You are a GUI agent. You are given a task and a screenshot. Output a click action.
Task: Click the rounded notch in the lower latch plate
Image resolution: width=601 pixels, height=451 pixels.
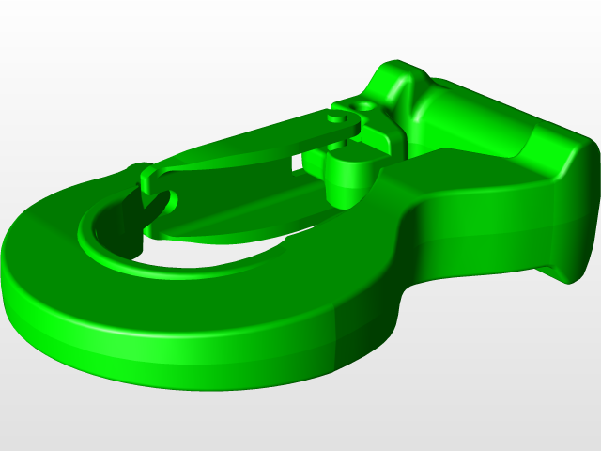(x=160, y=206)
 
